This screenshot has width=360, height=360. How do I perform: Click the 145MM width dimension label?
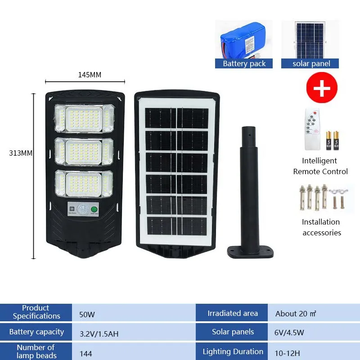(x=90, y=75)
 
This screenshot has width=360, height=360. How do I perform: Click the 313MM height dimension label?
(x=21, y=153)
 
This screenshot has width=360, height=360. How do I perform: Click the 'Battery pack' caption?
(x=244, y=63)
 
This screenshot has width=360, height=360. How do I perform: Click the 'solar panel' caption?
(x=311, y=63)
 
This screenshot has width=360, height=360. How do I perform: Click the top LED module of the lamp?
(x=84, y=118)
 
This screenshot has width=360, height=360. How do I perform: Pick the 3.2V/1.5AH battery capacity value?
(x=99, y=334)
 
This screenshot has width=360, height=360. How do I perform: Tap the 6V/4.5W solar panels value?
(x=290, y=333)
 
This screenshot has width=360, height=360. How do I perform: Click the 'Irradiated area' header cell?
(x=233, y=314)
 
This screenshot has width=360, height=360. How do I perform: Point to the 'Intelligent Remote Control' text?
(x=320, y=166)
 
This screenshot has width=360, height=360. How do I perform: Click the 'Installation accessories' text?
(x=321, y=227)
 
